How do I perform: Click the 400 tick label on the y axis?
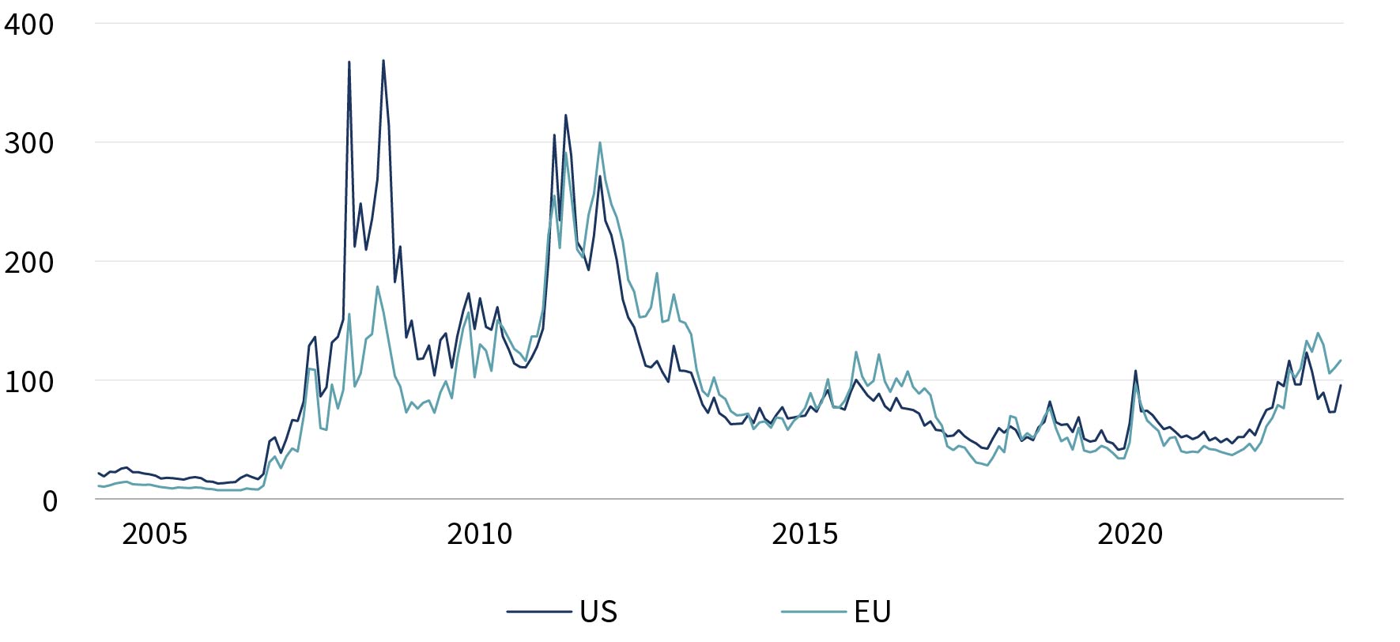(29, 24)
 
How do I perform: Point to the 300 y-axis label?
(29, 143)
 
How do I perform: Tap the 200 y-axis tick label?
(29, 262)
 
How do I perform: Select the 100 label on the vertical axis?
(29, 381)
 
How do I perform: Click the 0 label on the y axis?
(50, 500)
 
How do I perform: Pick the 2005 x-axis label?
(155, 534)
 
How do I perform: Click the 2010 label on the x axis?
(480, 534)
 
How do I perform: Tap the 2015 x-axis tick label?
(805, 534)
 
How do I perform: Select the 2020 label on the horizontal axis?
(1130, 534)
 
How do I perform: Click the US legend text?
(598, 611)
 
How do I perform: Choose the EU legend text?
(873, 611)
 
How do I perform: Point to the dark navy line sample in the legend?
(539, 611)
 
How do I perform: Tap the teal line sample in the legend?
(813, 611)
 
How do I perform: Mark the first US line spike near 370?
(349, 62)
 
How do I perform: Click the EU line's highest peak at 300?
(600, 143)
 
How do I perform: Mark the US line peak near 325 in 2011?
(565, 115)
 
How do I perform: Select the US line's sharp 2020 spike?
(1136, 371)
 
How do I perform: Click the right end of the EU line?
(1341, 361)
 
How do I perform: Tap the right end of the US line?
(1341, 385)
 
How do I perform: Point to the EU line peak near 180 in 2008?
(377, 286)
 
